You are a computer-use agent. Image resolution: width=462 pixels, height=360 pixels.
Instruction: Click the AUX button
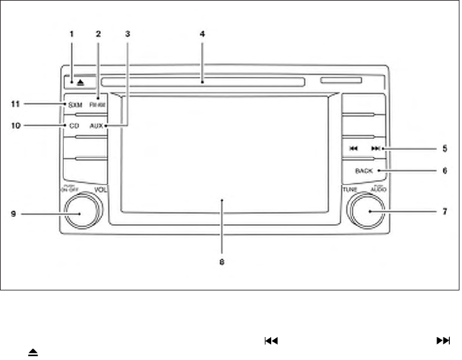(x=96, y=126)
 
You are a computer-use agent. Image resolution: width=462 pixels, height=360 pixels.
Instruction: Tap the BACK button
(x=364, y=170)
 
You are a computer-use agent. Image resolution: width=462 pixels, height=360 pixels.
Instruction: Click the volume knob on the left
(x=80, y=211)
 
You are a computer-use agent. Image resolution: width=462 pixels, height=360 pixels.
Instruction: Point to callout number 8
(x=222, y=261)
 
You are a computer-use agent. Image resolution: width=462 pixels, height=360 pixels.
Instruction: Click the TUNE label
(x=349, y=190)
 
